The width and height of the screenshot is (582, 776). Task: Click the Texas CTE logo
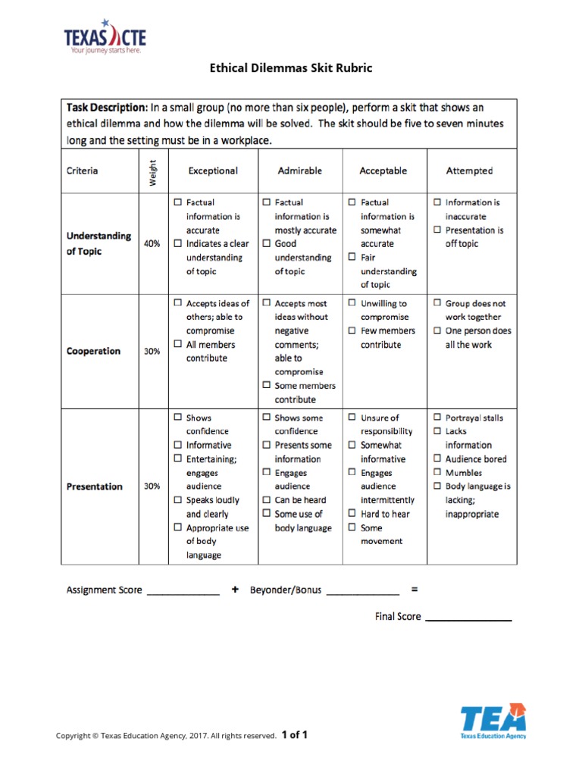coord(104,39)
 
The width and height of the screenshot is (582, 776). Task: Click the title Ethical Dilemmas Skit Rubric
coord(291,68)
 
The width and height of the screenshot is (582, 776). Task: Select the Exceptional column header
coord(213,171)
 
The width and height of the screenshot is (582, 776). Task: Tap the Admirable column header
coord(300,171)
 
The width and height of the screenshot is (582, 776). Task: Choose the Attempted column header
coord(469,171)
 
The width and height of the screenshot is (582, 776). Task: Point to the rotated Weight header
coord(152,171)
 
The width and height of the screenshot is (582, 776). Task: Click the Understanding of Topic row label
coord(99,243)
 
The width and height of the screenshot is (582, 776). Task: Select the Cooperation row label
coord(93,351)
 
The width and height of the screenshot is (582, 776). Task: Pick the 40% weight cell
coord(152,244)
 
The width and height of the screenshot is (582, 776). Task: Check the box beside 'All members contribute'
coord(177,345)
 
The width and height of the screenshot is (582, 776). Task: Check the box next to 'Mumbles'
coord(438,473)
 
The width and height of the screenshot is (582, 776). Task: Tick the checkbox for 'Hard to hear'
coord(352,514)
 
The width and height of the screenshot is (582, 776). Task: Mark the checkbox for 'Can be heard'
coord(266,500)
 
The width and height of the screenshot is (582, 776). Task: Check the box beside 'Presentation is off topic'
coord(438,230)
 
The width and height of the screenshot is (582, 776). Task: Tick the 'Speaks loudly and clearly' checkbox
coord(177,500)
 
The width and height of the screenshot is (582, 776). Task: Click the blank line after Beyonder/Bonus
coord(362,592)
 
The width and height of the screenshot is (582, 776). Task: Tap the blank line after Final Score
coord(468,618)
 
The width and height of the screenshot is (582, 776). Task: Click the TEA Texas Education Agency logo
coord(493,721)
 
